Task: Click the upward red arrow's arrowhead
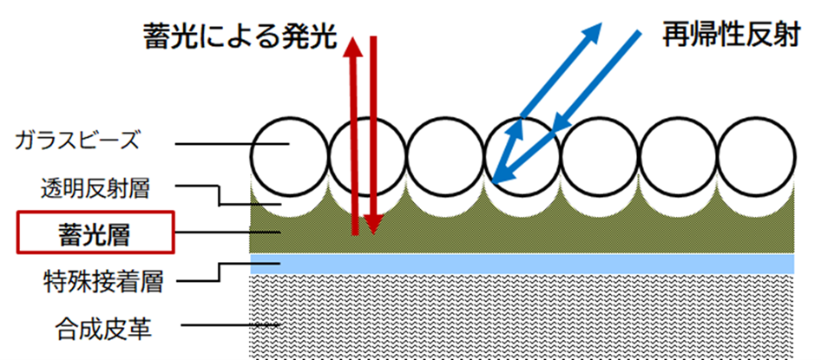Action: (x=354, y=45)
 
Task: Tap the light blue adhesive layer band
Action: (x=521, y=263)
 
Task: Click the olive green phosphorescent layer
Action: (x=521, y=234)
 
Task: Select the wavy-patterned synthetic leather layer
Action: (x=521, y=317)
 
